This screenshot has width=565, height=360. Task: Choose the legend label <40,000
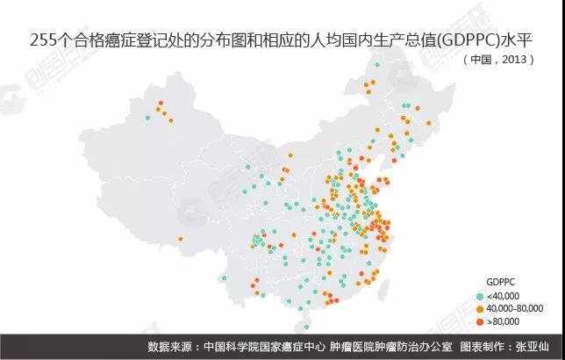[x=504, y=296]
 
